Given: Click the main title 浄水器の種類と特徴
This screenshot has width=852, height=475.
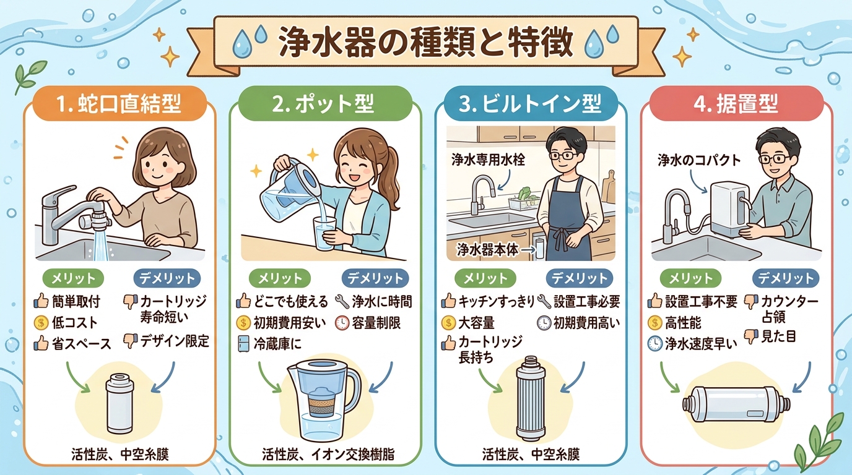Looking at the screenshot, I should [x=426, y=43].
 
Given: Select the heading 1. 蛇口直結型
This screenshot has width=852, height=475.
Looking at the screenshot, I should [x=120, y=105].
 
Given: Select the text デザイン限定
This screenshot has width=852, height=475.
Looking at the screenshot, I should [x=175, y=341].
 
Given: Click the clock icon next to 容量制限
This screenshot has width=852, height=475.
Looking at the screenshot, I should [x=342, y=322].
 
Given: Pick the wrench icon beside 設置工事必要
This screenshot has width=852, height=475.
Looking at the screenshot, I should [x=544, y=302].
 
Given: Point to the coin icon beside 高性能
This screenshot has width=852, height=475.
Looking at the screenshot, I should [x=654, y=322].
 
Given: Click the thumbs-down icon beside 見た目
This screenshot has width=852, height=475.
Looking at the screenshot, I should [x=750, y=337].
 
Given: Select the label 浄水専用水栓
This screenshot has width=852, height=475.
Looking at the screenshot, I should [x=489, y=160].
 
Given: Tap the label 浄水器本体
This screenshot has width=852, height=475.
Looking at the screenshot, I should [x=487, y=249].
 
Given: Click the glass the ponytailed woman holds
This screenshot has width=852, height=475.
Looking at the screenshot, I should [x=323, y=233].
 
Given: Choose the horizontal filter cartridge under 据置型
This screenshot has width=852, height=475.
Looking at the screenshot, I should [x=736, y=404].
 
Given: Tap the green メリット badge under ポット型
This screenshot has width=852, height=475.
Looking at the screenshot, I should [x=276, y=278].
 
